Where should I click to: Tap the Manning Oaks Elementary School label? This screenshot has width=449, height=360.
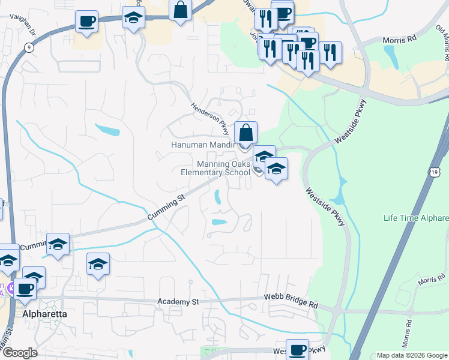tap(215, 168)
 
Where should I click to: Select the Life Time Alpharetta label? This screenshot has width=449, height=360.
tap(416, 217)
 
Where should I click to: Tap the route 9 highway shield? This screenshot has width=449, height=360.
tap(29, 47)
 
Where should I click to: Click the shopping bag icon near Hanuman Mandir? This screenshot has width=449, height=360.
tap(246, 133)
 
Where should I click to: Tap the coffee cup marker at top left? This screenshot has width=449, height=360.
tap(86, 22)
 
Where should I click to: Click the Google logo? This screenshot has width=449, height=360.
tap(19, 353)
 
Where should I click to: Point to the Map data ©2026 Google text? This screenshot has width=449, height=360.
tap(411, 355)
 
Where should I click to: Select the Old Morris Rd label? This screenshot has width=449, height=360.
tap(442, 42)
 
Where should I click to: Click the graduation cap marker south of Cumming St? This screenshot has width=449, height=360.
tap(98, 264)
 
